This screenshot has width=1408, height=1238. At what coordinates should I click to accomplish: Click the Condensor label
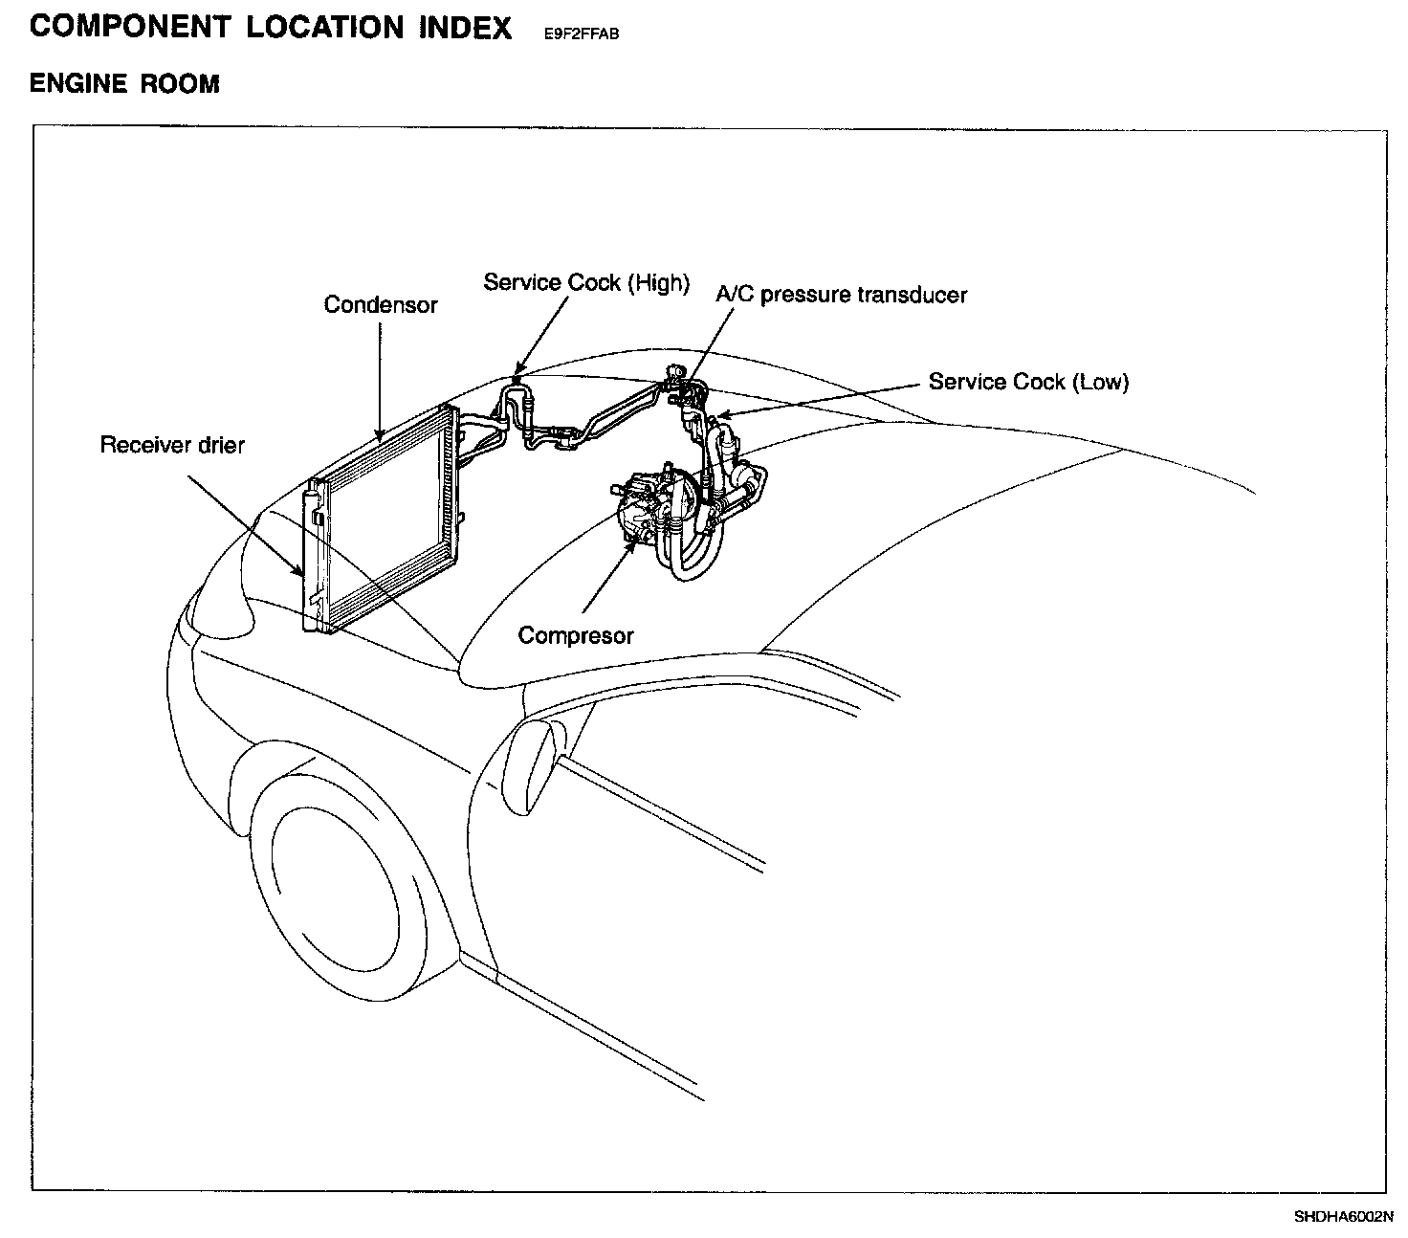point(380,305)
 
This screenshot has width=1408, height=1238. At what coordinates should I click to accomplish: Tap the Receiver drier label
point(172,445)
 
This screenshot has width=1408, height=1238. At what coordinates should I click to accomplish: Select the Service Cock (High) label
point(585,282)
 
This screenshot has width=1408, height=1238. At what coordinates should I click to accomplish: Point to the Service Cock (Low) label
point(1028,382)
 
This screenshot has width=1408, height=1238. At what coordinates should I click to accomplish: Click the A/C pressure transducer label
point(841,295)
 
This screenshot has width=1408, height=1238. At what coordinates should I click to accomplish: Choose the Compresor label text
point(576,635)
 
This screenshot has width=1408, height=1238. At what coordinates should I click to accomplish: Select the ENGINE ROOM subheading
point(124,84)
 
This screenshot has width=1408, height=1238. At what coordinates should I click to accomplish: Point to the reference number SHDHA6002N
point(1344,1217)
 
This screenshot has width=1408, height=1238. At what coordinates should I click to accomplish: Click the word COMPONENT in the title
point(130,27)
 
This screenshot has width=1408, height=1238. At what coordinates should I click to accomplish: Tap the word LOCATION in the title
point(326,27)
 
